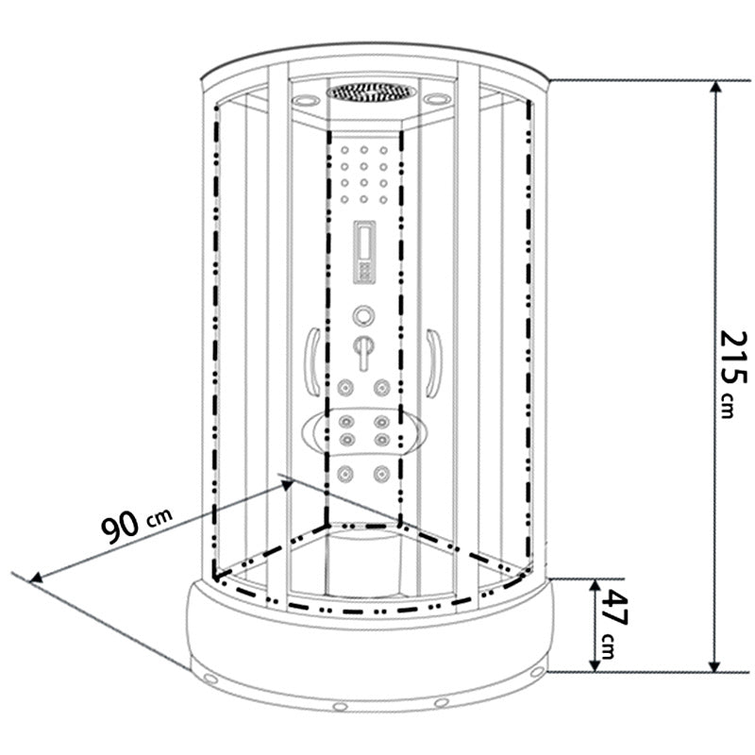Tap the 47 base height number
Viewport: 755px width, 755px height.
tap(614, 608)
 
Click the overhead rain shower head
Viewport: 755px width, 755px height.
tap(371, 92)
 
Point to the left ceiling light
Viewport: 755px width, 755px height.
tap(306, 101)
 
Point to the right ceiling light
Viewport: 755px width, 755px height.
tap(437, 99)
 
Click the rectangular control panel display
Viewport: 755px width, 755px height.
tap(364, 252)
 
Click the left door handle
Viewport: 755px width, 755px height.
tap(312, 362)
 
